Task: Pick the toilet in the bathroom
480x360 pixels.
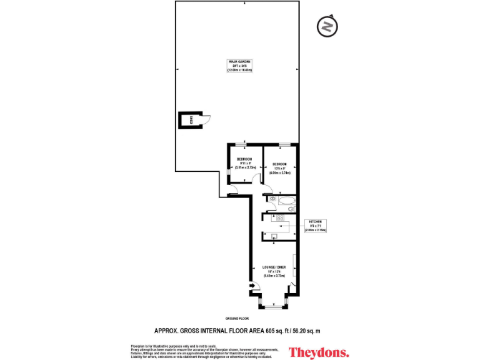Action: coord(291,209)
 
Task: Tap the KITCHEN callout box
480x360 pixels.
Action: coord(316,226)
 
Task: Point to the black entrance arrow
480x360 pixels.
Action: coord(252,287)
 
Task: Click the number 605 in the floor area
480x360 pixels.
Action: coord(271,331)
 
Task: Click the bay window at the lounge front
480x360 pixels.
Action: coord(272,306)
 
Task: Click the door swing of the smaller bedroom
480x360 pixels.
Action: coord(256,178)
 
